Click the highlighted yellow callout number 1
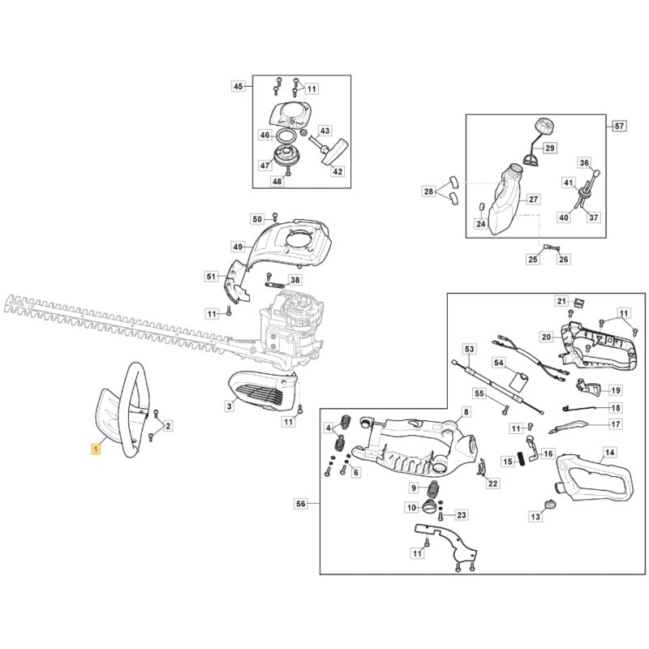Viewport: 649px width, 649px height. coord(97,448)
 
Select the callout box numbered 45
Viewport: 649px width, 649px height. coord(238,86)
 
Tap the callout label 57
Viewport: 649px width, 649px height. coord(619,126)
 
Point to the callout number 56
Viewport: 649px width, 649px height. coord(301,505)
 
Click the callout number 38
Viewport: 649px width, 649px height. coord(294,280)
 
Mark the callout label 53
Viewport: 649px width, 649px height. coord(468,348)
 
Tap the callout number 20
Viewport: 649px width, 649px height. coord(546,337)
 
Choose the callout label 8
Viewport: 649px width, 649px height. coord(466,412)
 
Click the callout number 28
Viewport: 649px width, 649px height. coord(428,191)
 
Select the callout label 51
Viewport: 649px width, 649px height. coord(211,277)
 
